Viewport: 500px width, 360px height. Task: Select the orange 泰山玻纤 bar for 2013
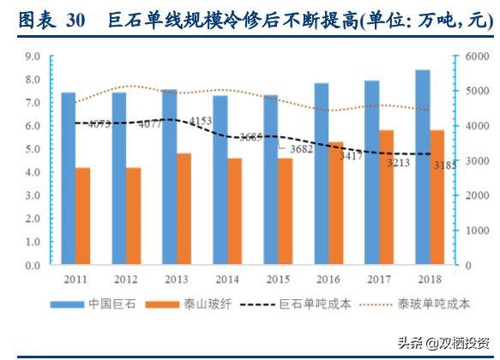[184, 209]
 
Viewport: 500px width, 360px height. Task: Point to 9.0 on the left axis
[33, 57]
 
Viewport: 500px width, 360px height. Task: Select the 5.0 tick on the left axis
[33, 149]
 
